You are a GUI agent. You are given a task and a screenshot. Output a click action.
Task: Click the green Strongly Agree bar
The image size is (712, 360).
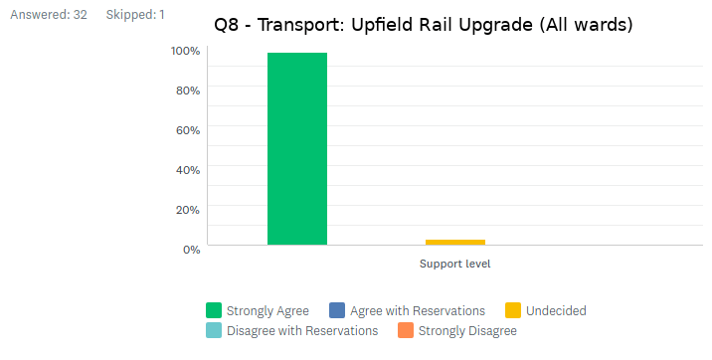click(x=296, y=148)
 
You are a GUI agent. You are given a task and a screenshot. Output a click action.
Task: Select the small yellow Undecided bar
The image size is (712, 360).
click(x=454, y=242)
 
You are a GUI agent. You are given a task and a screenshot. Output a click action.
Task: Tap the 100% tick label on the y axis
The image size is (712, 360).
click(x=186, y=51)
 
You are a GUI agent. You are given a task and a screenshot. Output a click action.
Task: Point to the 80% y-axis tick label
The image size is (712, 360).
click(x=188, y=90)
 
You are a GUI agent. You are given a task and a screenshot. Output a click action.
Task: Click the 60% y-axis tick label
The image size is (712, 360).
click(x=188, y=130)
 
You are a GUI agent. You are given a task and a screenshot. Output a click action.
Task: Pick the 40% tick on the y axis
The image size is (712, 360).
click(x=188, y=170)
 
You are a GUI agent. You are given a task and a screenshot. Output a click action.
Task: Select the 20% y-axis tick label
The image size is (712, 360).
click(x=188, y=210)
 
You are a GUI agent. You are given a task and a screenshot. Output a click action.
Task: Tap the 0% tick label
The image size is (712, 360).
click(x=191, y=249)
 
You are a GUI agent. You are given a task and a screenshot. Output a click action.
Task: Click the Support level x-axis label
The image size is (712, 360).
click(x=454, y=264)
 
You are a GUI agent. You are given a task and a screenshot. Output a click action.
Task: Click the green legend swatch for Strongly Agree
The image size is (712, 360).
click(x=214, y=310)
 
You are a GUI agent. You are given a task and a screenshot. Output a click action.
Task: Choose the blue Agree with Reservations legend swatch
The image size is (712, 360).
click(x=337, y=310)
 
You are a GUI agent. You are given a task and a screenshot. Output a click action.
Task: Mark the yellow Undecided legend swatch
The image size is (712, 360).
click(x=513, y=310)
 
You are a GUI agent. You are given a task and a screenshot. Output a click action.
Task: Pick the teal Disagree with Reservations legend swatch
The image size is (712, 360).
click(x=214, y=330)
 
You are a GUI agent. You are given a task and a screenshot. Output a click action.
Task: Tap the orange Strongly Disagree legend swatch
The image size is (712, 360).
click(x=405, y=330)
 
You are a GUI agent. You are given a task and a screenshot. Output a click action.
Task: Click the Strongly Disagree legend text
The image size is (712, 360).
click(x=467, y=330)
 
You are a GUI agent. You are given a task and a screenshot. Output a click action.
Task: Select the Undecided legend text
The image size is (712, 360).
click(x=557, y=310)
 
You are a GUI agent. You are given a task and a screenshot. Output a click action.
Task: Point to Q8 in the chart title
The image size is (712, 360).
click(x=228, y=24)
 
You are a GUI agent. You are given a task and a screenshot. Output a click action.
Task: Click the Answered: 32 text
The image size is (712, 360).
click(x=48, y=15)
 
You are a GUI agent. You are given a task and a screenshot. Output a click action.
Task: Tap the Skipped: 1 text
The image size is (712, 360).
click(x=135, y=15)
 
